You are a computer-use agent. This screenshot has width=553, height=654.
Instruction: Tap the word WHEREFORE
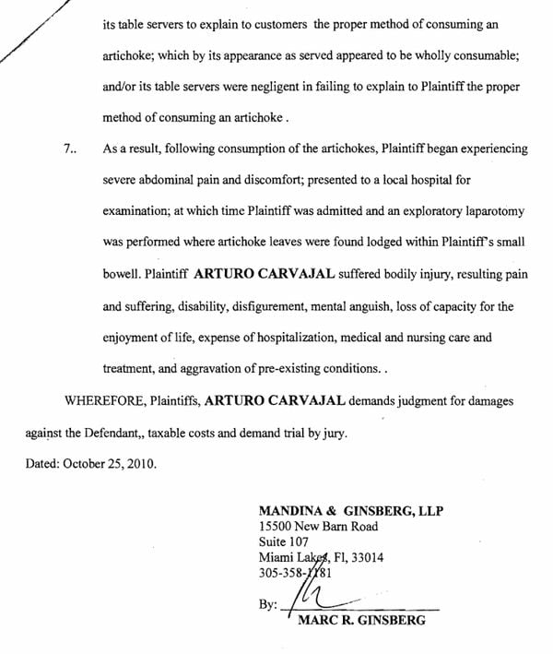coord(102,401)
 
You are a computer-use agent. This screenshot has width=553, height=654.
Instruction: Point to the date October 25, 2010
coord(110,464)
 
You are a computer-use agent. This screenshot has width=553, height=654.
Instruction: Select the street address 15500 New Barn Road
coord(318,527)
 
